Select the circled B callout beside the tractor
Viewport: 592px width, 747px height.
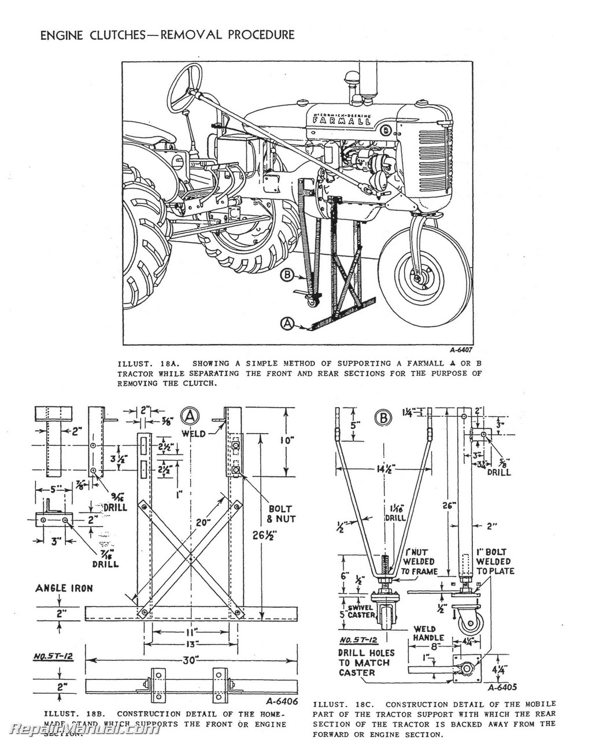[287, 275]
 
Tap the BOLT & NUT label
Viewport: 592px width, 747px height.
[281, 514]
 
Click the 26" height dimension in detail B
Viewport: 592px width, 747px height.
[450, 505]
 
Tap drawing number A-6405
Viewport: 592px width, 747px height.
[502, 688]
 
